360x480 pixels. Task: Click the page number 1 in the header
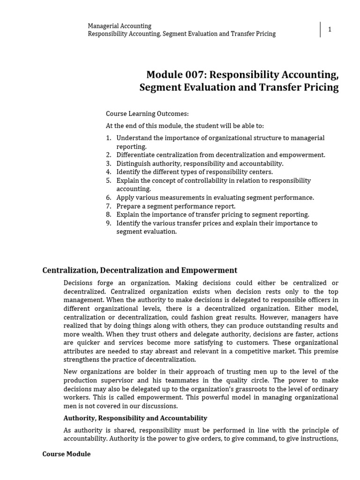pos(330,30)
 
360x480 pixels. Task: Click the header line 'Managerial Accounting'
pos(120,26)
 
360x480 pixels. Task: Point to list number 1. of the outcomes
pos(109,138)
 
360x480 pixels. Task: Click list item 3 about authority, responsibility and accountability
pos(200,164)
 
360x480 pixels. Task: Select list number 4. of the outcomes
pos(109,172)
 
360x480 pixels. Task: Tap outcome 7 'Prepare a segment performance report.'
pos(176,206)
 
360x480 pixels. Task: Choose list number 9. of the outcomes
pos(109,223)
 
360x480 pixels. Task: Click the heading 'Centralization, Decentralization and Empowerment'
pos(140,270)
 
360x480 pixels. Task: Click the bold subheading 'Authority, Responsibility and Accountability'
pos(135,418)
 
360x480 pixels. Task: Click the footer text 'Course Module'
pos(66,454)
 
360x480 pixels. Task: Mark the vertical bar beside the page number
pos(321,30)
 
